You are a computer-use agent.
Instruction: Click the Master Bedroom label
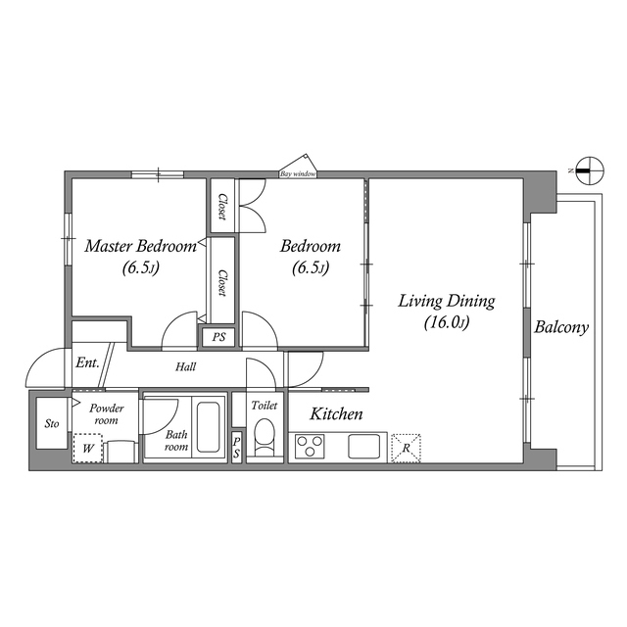click(x=140, y=246)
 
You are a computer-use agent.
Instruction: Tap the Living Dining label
click(x=447, y=301)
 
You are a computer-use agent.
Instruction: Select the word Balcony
click(x=561, y=327)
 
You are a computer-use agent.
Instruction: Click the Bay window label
click(x=298, y=174)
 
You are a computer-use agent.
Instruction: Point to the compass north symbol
click(x=590, y=170)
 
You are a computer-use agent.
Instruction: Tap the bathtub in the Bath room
click(x=209, y=427)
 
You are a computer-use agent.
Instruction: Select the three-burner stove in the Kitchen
click(x=310, y=447)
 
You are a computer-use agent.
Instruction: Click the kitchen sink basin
click(x=363, y=447)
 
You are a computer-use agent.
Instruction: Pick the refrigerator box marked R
click(x=406, y=449)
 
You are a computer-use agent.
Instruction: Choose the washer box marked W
click(x=88, y=449)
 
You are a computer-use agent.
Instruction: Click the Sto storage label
click(x=52, y=423)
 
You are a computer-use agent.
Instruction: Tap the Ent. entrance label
click(x=87, y=363)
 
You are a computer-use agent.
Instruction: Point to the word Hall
click(x=185, y=366)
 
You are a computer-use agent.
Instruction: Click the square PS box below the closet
click(x=218, y=337)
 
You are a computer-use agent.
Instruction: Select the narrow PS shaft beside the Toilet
click(x=237, y=448)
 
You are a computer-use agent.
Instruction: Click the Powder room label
click(x=107, y=414)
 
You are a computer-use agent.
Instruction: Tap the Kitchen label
click(x=336, y=414)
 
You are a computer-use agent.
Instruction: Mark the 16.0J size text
click(x=447, y=322)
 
